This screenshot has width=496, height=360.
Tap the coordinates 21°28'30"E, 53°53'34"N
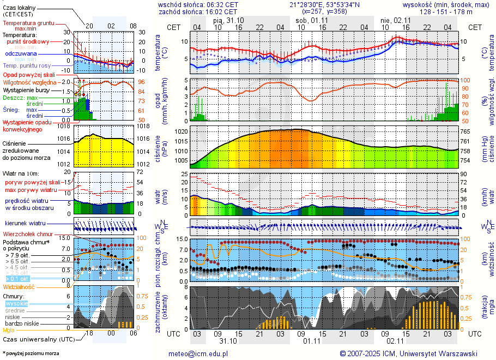tap(324, 4)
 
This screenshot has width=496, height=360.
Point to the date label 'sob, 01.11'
tap(309, 20)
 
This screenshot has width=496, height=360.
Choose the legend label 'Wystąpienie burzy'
tap(26, 89)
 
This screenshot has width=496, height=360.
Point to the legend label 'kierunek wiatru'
tap(25, 224)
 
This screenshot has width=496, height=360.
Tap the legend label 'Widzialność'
tap(19, 286)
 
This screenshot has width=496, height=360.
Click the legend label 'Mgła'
tap(9, 330)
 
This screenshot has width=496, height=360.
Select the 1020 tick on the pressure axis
tap(181, 131)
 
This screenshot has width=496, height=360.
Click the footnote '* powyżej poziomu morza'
tap(31, 353)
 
